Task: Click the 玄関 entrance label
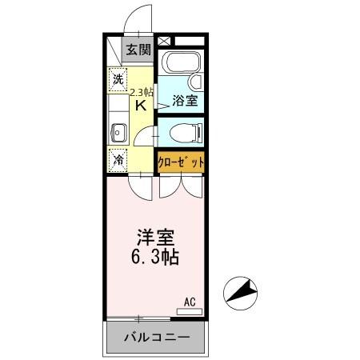pos(138,50)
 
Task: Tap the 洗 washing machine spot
pos(118,79)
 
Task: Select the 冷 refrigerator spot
pos(118,159)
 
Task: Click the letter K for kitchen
pos(140,105)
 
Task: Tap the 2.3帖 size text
pos(142,91)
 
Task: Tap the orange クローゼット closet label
pos(180,161)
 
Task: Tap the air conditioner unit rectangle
pos(190,310)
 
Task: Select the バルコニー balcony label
pos(156,337)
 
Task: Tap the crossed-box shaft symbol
pos(163,40)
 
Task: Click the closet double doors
pos(180,186)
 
